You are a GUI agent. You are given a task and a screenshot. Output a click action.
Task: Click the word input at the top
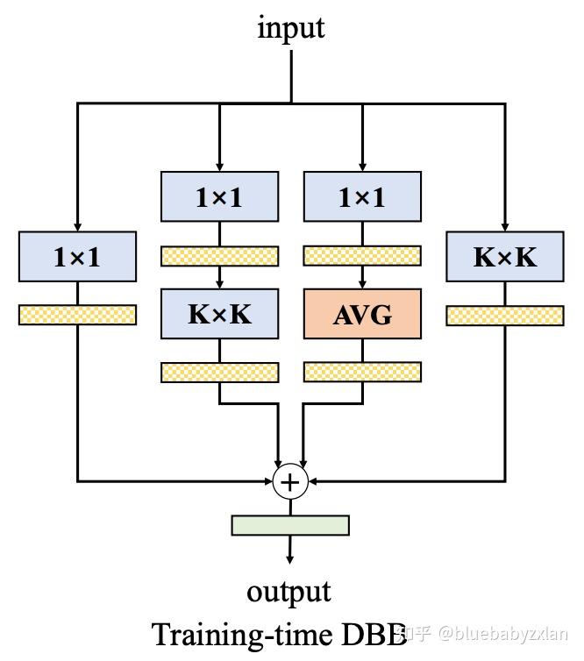290,27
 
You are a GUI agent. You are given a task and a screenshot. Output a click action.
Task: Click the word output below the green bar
288,591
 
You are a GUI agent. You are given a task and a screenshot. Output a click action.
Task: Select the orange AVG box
362,315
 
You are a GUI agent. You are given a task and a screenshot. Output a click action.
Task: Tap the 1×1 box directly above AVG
362,197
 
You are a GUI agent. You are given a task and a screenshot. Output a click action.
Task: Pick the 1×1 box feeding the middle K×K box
219,197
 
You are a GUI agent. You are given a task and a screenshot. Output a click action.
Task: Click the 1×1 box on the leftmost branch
77,257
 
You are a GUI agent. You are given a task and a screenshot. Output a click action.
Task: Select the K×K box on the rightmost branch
505,257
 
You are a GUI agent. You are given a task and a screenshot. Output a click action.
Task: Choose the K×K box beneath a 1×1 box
219,315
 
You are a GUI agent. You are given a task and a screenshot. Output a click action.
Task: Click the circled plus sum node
288,482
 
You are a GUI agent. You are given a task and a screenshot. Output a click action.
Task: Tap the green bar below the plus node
290,525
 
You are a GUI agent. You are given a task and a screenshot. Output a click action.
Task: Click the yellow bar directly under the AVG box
362,372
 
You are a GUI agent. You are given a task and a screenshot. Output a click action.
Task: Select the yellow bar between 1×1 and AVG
362,256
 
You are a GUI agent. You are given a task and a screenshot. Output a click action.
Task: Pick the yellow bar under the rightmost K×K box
505,316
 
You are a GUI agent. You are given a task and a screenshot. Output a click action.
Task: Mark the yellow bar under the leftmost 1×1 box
77,316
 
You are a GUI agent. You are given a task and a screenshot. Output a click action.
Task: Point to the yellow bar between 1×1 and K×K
219,256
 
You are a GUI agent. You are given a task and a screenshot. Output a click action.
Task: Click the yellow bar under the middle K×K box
219,372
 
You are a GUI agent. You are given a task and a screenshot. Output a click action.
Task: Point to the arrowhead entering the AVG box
362,287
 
